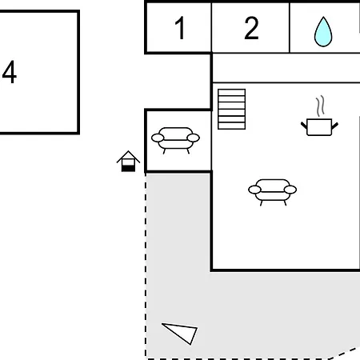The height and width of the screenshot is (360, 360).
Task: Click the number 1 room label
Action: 180,28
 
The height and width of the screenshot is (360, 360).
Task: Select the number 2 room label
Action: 251,28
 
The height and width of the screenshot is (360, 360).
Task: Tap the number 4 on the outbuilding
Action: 10,72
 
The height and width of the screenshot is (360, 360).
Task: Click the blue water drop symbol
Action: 323,32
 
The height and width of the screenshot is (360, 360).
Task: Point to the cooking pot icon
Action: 319,127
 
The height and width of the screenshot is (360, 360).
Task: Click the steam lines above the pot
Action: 320,106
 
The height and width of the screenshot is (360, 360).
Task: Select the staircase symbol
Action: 231,109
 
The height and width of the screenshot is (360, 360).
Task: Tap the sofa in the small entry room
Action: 175,140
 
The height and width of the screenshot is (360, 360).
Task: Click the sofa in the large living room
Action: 272,192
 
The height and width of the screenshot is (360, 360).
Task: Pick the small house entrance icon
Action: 128,162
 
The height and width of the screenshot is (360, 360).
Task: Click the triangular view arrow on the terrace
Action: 182,333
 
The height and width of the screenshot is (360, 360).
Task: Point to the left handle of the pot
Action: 304,126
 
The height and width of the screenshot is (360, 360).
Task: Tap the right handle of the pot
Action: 335,126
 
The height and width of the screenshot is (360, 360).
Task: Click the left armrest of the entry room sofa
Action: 158,138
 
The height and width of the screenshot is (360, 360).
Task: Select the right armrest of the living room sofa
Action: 290,190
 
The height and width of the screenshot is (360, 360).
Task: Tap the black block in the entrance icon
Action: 128,169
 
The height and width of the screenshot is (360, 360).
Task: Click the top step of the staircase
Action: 231,92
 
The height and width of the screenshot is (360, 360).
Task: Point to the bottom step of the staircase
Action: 231,126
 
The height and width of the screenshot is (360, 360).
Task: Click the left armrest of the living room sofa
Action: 254,190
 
